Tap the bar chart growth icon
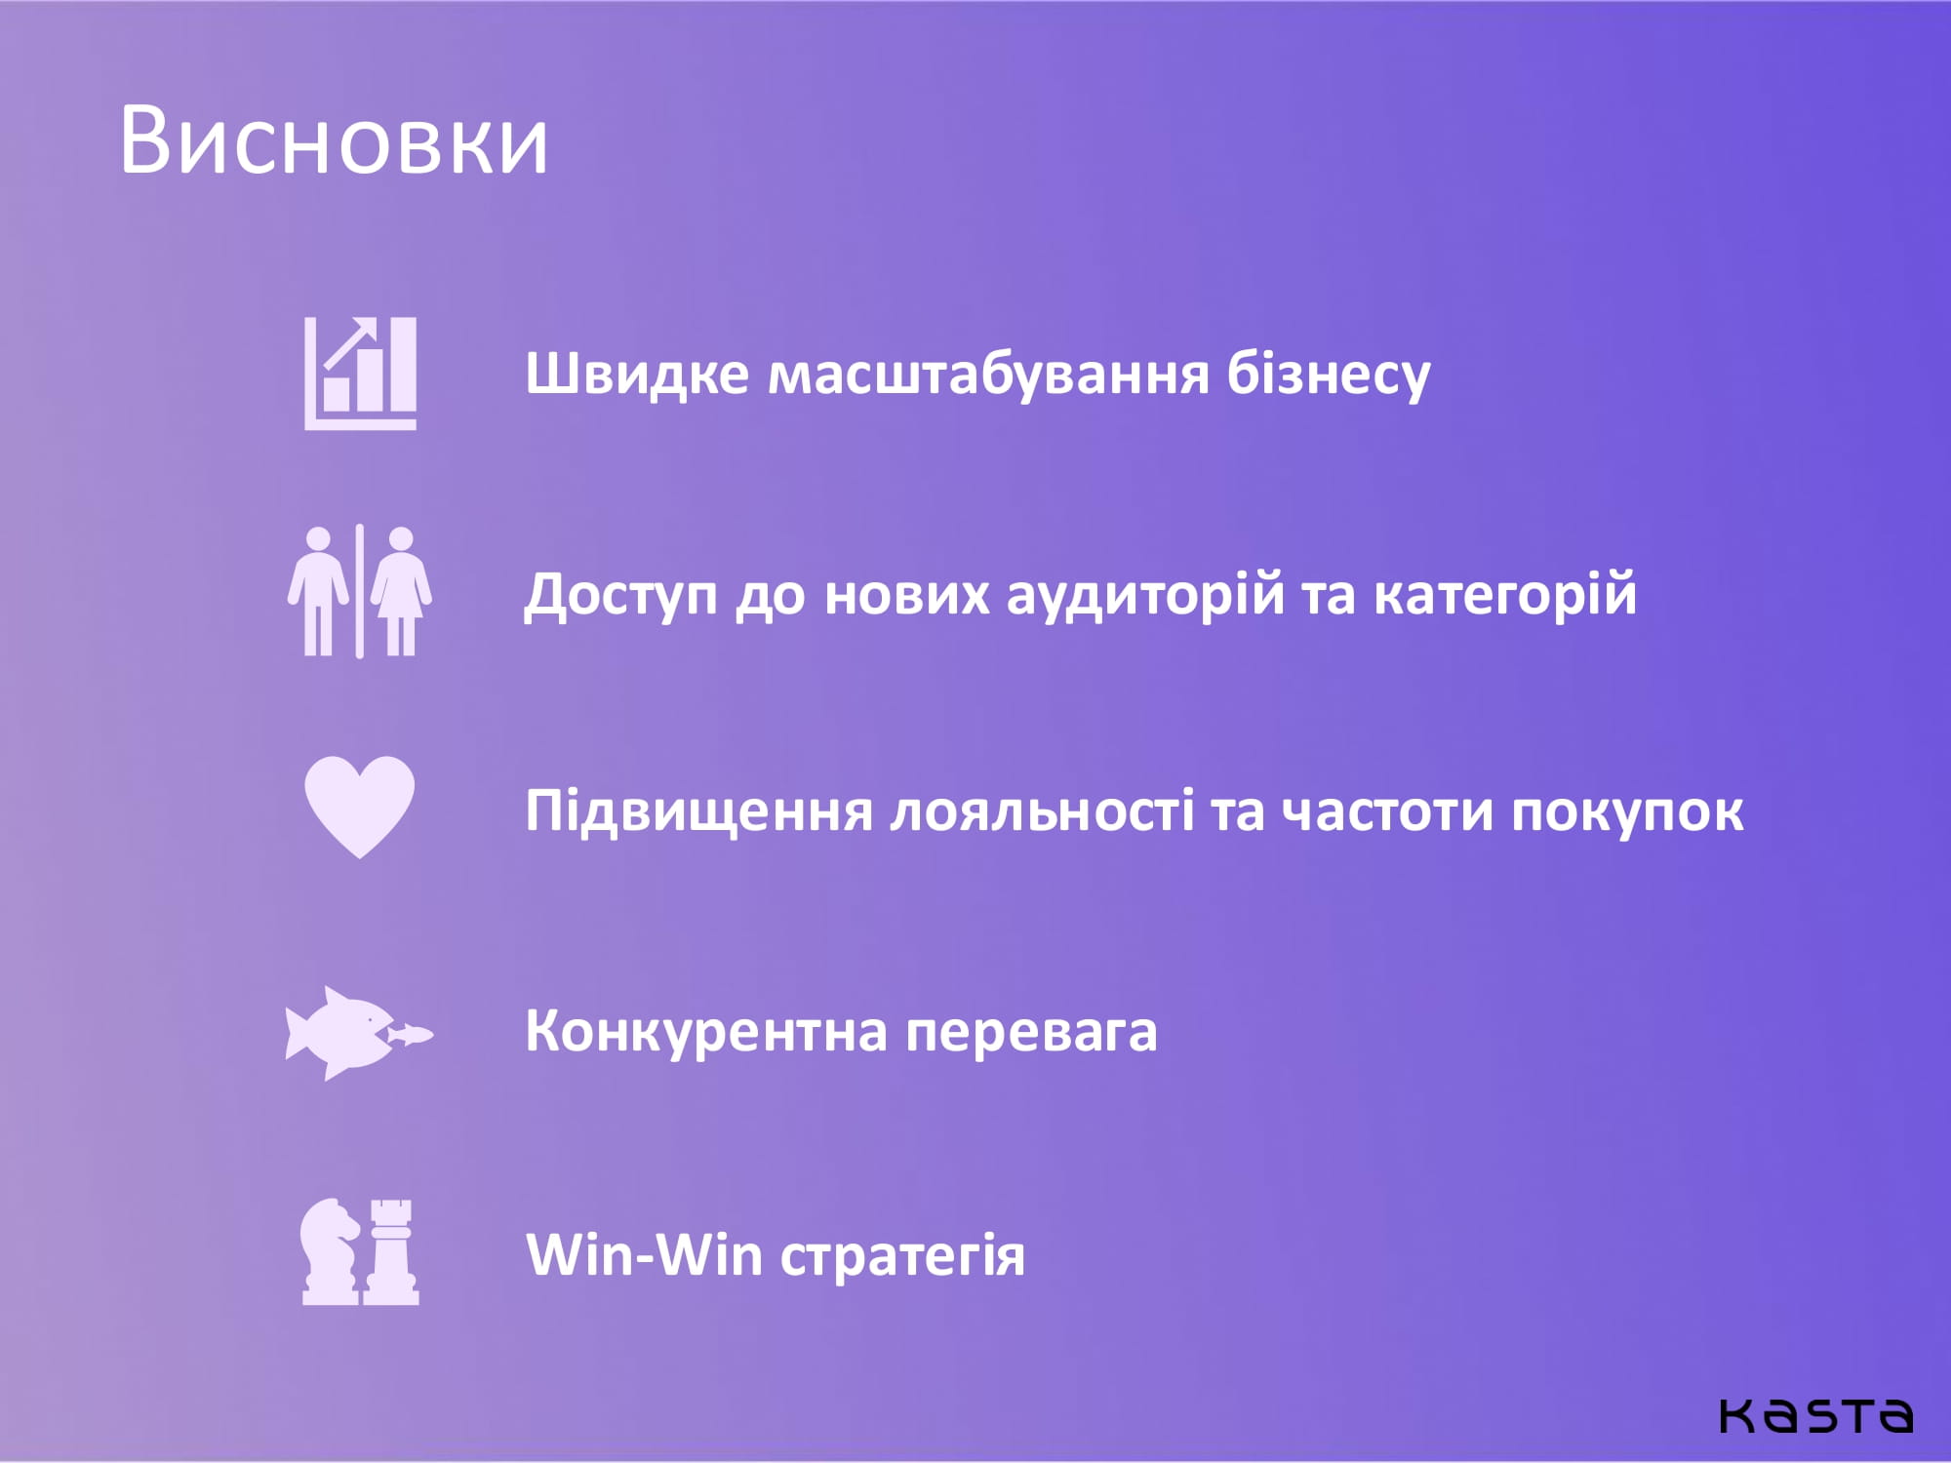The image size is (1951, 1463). coord(361,374)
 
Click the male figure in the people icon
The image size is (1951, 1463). coord(318,592)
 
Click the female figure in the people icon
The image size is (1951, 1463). coord(401,592)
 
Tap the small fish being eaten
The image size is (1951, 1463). coord(411,1034)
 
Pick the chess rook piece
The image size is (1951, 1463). coord(391,1252)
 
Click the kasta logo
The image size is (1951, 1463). coord(1815,1415)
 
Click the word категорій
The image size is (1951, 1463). coord(1505,594)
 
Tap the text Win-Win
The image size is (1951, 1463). coord(644,1253)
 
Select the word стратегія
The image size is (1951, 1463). coord(902,1257)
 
